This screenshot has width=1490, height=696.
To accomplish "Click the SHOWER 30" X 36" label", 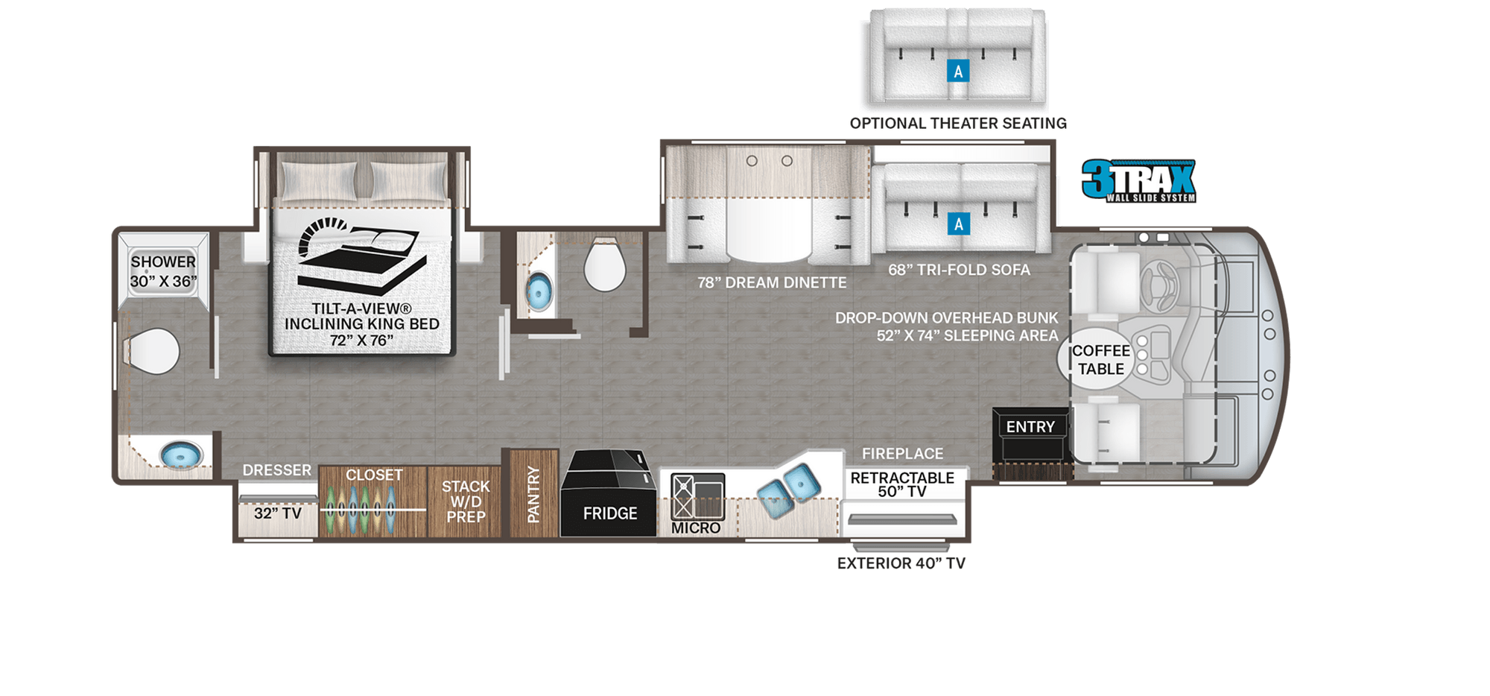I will pos(163,271).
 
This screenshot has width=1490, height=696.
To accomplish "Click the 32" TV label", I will pos(277,513).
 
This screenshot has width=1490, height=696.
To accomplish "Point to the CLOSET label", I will pos(374,475).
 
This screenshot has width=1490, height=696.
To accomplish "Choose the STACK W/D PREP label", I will pos(466,502).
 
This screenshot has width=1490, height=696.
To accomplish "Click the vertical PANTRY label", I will pos(533,494).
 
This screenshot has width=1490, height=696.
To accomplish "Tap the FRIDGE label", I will pos(610,513).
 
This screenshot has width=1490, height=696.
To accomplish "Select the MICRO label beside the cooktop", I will pos(696,528).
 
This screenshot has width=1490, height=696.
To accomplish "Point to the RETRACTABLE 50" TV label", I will pos(902,484).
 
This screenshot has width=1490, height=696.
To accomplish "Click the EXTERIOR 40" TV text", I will pos(901,563).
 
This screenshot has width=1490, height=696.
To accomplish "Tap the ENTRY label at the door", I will pos(1030,427).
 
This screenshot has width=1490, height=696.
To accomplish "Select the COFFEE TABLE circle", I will pos(1100,360).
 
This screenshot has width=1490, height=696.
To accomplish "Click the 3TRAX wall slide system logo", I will pos(1138,181).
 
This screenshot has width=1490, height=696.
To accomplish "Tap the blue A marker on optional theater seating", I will pos(958,72).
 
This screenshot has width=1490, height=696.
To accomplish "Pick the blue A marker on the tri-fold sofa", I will pos(958,224).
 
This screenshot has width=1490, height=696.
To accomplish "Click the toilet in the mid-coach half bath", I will pos(604,265).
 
